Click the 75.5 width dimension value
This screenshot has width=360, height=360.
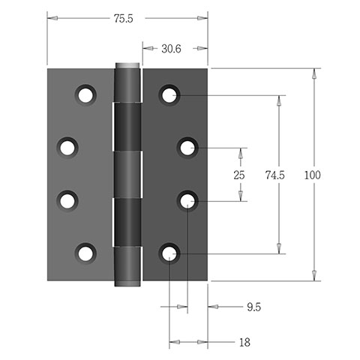coord(124,19)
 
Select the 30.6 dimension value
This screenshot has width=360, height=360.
coord(171,49)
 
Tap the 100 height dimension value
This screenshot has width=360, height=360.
coord(312,175)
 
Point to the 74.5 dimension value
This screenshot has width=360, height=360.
coord(275,175)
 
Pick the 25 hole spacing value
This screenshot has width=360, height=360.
coord(239,175)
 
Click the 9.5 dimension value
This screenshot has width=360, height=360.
coord(254,307)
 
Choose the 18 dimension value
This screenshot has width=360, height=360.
coord(244,343)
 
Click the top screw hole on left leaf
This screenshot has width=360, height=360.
coord(85,95)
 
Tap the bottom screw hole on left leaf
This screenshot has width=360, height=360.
coord(85,253)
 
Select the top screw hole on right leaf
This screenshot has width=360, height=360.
coord(169,95)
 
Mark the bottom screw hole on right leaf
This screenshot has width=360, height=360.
coord(169,253)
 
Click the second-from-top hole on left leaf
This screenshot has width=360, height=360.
coord(67,148)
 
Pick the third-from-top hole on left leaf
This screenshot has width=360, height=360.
coord(67,201)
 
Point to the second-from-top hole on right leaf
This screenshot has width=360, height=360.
coord(187,148)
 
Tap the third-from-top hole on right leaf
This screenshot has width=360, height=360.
coord(187,201)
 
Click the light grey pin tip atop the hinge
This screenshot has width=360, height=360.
coord(127,65)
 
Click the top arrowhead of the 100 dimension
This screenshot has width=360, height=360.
coord(314,74)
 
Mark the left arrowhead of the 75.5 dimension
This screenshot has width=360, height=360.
coord(52,18)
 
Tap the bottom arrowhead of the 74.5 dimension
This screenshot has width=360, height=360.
coord(279,248)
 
